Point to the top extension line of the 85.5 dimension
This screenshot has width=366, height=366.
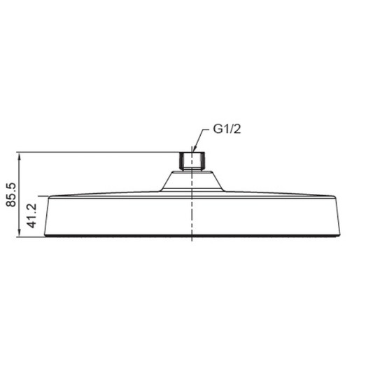pyautogui.click(x=98, y=151)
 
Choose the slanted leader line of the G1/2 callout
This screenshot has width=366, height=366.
pyautogui.click(x=202, y=139)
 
